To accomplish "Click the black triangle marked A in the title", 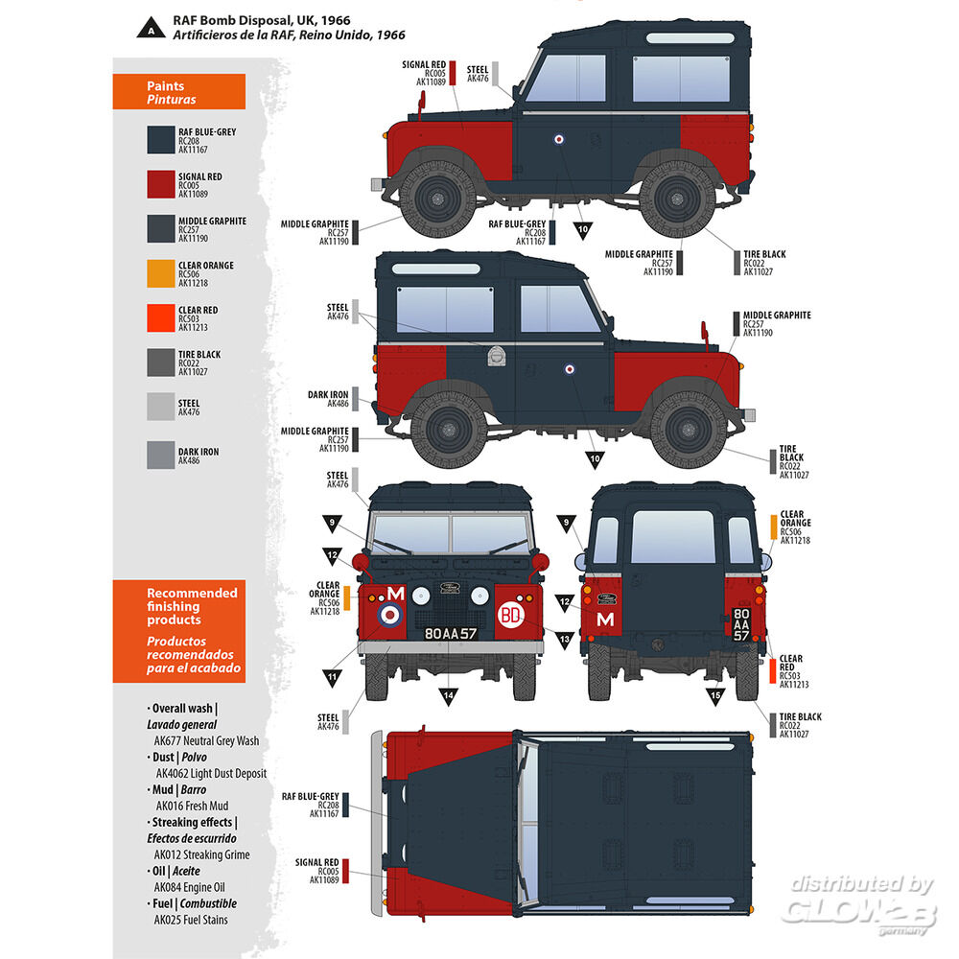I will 151,26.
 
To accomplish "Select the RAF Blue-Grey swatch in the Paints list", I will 160,140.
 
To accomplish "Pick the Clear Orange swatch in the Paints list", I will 160,274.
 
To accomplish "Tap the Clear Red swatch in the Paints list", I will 160,318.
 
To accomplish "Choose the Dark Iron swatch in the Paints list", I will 160,455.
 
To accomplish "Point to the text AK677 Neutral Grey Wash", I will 206,740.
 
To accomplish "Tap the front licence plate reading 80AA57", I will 450,634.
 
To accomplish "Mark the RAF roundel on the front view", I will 391,615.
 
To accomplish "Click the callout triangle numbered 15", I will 713,694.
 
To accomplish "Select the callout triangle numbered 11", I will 333,677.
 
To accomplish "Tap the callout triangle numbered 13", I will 565,638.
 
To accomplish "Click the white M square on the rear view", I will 605,620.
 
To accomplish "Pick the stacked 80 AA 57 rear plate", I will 741,623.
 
